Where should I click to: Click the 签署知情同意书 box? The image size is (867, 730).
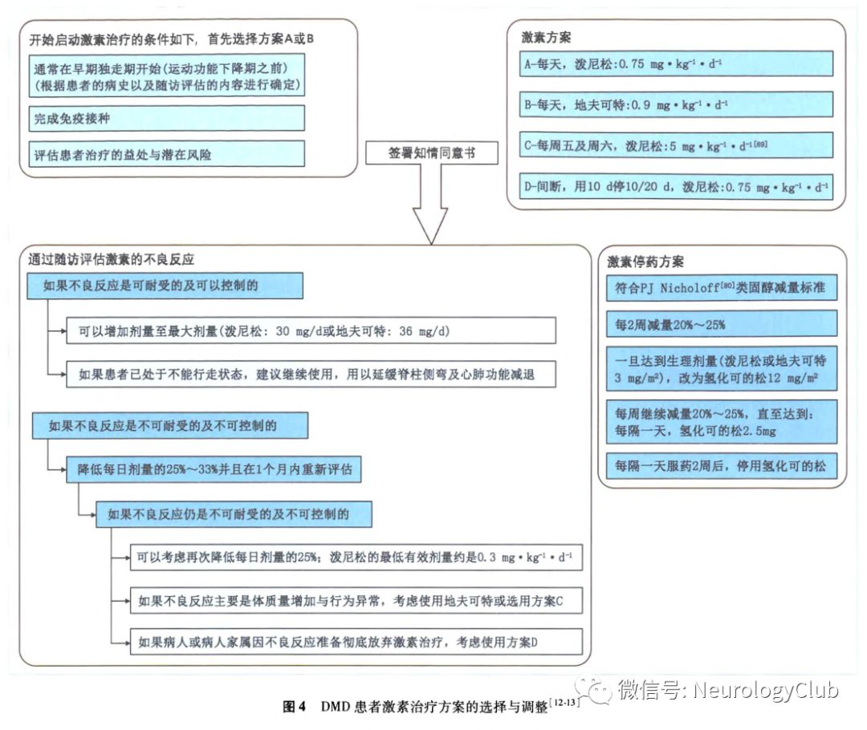pyautogui.click(x=431, y=152)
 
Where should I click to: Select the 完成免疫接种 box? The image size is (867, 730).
pyautogui.click(x=166, y=118)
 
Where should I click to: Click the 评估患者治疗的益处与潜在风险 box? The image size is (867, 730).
pyautogui.click(x=166, y=153)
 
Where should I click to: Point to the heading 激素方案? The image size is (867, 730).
pyautogui.click(x=546, y=38)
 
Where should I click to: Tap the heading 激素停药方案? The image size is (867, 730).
pyautogui.click(x=645, y=262)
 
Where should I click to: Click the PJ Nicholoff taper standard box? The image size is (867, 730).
pyautogui.click(x=721, y=287)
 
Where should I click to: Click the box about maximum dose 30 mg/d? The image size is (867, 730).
pyautogui.click(x=311, y=331)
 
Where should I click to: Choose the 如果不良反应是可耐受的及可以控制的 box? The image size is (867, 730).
pyautogui.click(x=165, y=285)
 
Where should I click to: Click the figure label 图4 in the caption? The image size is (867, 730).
pyautogui.click(x=295, y=707)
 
